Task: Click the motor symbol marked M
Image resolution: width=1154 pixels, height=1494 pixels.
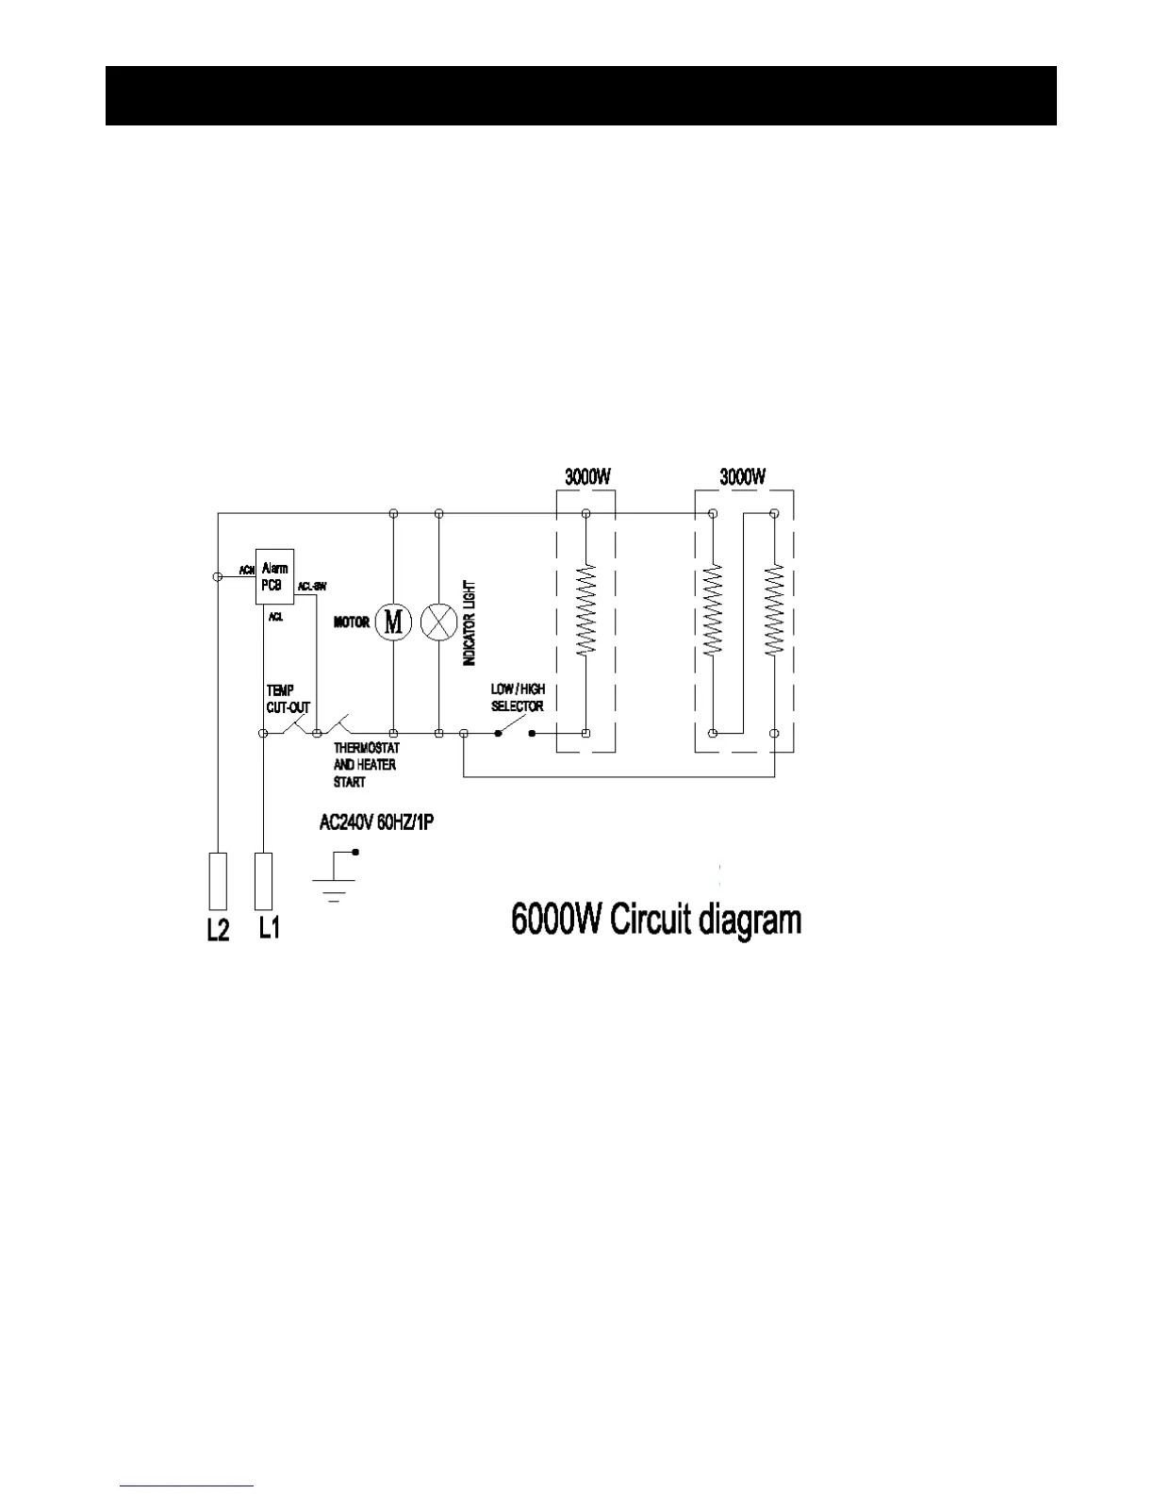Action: coord(393,622)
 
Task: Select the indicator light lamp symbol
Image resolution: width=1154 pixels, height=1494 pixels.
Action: coord(438,622)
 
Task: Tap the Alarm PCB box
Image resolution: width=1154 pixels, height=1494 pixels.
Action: coord(274,576)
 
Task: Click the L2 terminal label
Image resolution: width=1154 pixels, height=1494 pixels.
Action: coord(218,929)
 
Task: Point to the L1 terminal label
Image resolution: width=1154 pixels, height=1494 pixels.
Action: coord(270,929)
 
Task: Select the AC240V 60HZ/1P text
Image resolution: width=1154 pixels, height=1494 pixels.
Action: coord(376,822)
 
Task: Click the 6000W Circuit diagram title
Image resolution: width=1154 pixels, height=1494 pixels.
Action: coord(656,920)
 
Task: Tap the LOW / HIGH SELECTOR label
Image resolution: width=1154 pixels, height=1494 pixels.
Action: coord(518,698)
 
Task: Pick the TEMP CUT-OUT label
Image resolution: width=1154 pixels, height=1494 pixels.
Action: coord(288,699)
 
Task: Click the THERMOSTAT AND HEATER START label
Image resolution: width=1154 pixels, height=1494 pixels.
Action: coord(366,765)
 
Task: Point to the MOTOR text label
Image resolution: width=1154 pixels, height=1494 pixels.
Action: coord(352,622)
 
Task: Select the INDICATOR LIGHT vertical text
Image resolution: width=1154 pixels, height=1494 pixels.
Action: coord(470,623)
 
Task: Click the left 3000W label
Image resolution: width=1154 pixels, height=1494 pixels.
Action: coord(587,477)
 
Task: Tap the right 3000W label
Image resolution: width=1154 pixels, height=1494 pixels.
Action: coord(743,477)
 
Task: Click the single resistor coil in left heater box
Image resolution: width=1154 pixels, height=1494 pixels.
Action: coord(586,609)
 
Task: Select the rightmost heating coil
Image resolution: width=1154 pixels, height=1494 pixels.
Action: coord(774,609)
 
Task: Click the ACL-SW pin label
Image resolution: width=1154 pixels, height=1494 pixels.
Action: coord(312,587)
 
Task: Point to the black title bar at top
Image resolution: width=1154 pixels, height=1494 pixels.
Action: coord(581,95)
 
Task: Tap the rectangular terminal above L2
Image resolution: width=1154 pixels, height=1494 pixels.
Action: coord(218,880)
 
